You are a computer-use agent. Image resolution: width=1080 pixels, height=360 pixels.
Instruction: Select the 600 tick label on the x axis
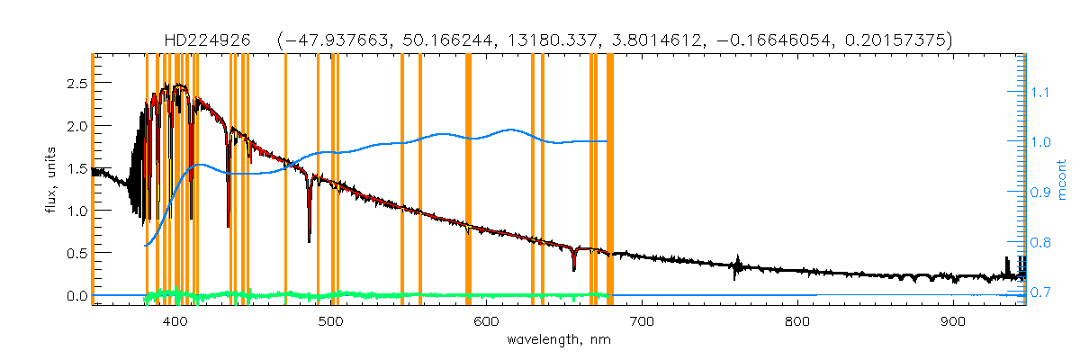coord(486,322)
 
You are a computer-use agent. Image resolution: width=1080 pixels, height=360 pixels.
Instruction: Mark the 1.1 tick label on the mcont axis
coord(1040,92)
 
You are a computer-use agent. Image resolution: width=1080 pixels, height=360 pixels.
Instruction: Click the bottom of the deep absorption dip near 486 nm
coord(309,241)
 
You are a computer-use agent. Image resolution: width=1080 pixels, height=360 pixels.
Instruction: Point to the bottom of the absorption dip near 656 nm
coord(573,269)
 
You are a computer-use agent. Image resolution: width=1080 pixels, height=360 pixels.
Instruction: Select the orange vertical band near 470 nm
coord(285,180)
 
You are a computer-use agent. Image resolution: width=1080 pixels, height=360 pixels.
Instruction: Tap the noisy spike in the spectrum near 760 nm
coord(736,267)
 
